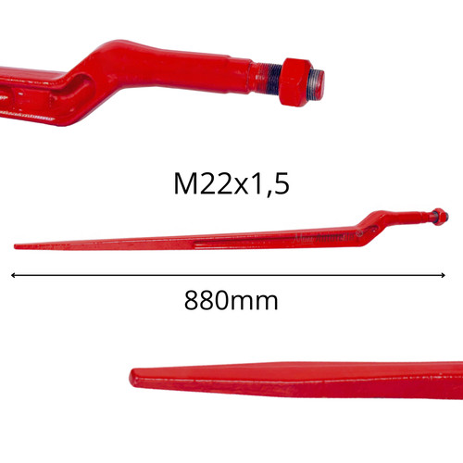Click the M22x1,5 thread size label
tap(231, 183)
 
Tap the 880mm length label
tap(231, 300)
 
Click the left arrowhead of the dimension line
tap(13, 275)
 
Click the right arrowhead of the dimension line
tap(444, 275)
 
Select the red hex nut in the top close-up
tap(295, 82)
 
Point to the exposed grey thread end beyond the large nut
tap(318, 84)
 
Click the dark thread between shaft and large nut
tap(274, 81)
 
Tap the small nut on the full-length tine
tap(440, 217)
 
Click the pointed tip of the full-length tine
tap(15, 246)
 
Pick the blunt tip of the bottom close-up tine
tap(131, 377)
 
